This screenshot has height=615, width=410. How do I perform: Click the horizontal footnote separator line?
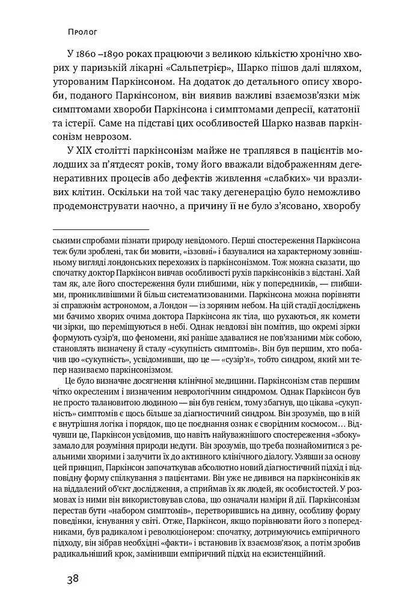100,229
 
